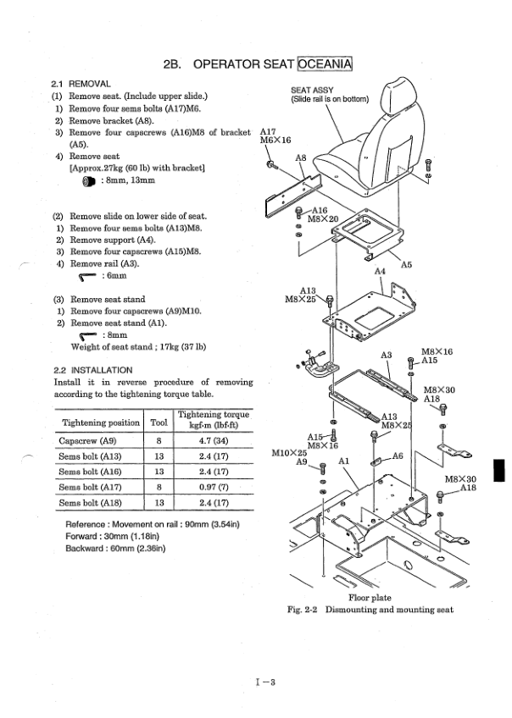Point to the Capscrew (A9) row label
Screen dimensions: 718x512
pos(86,441)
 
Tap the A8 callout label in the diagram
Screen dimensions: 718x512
pos(300,157)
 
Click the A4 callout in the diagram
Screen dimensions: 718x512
pos(381,273)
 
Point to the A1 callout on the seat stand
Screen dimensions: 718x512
pos(345,461)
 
